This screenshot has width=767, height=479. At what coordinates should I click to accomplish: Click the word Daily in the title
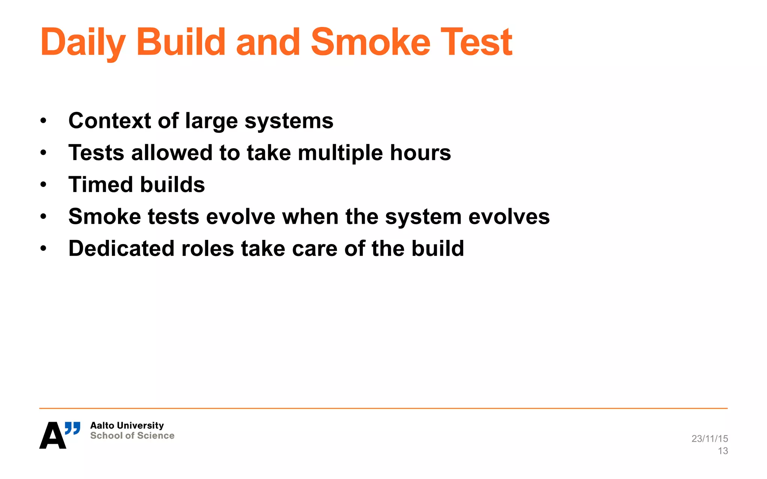pyautogui.click(x=83, y=43)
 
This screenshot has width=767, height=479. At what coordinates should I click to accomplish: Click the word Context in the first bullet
pyautogui.click(x=110, y=120)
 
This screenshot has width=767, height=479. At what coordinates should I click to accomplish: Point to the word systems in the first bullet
pyautogui.click(x=289, y=121)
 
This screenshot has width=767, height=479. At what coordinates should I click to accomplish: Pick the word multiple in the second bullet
pyautogui.click(x=340, y=153)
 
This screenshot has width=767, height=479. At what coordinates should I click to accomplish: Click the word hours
pyautogui.click(x=420, y=153)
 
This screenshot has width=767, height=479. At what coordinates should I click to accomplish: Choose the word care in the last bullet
pyautogui.click(x=314, y=248)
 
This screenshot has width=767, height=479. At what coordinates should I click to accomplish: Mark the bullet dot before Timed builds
pyautogui.click(x=43, y=184)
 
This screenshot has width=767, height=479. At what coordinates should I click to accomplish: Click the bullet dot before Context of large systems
pyautogui.click(x=43, y=120)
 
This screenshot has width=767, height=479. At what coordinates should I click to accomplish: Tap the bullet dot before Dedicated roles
pyautogui.click(x=43, y=248)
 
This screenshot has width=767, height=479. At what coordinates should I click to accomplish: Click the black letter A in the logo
pyautogui.click(x=52, y=436)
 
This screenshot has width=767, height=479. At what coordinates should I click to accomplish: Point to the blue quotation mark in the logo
pyautogui.click(x=73, y=428)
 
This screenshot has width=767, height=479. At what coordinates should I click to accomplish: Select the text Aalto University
pyautogui.click(x=127, y=425)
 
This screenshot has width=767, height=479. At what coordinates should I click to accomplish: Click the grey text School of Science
pyautogui.click(x=132, y=436)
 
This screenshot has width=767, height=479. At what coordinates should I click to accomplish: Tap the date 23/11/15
pyautogui.click(x=709, y=439)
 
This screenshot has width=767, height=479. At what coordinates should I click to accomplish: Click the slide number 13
pyautogui.click(x=723, y=451)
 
